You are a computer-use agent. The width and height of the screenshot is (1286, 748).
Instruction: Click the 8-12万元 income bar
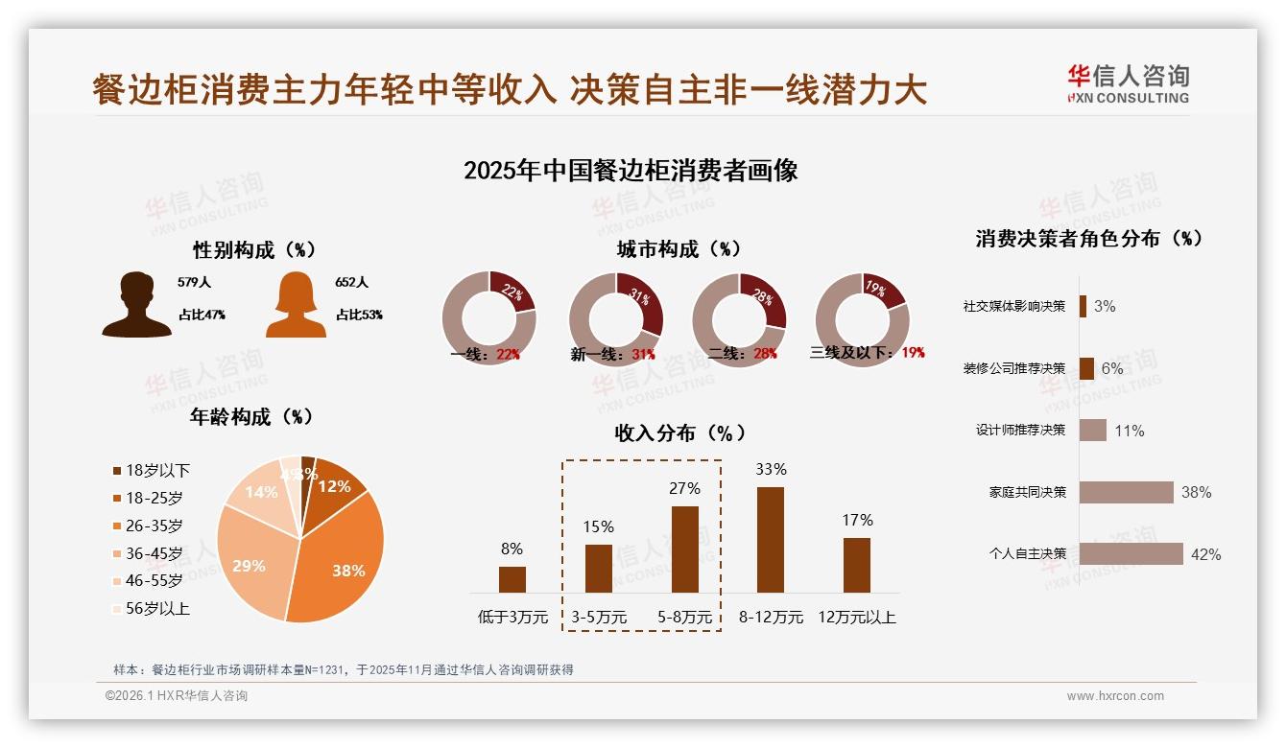pyautogui.click(x=771, y=540)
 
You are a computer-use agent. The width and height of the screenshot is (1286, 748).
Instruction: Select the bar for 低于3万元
pyautogui.click(x=512, y=579)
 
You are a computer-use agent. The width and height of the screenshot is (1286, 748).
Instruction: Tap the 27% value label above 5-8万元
pyautogui.click(x=684, y=488)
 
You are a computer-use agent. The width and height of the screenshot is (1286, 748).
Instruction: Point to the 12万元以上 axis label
pyautogui.click(x=856, y=618)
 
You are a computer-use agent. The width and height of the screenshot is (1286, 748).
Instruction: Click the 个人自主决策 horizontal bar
pyautogui.click(x=1131, y=553)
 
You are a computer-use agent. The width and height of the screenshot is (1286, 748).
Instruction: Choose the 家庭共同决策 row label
pyautogui.click(x=1028, y=492)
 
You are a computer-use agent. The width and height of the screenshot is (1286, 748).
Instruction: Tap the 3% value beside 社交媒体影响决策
pyautogui.click(x=1105, y=307)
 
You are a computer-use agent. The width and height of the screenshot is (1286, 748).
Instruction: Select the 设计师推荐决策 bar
pyautogui.click(x=1093, y=431)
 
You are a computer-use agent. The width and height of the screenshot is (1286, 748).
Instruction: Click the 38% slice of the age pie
pyautogui.click(x=341, y=566)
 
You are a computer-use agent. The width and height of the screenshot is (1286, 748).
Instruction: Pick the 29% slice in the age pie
pyautogui.click(x=251, y=561)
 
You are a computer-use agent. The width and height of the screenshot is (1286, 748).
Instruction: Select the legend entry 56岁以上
pyautogui.click(x=151, y=608)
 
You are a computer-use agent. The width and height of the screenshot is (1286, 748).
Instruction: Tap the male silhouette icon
pyautogui.click(x=136, y=304)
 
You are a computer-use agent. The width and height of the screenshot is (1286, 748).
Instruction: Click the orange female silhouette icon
pyautogui.click(x=296, y=304)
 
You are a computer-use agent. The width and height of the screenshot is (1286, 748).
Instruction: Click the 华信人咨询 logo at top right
pyautogui.click(x=1128, y=83)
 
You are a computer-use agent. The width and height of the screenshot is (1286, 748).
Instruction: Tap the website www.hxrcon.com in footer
pyautogui.click(x=1115, y=696)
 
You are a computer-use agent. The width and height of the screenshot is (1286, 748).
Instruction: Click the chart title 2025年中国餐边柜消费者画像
pyautogui.click(x=631, y=172)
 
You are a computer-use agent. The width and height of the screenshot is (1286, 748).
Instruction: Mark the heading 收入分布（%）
pyautogui.click(x=679, y=432)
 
